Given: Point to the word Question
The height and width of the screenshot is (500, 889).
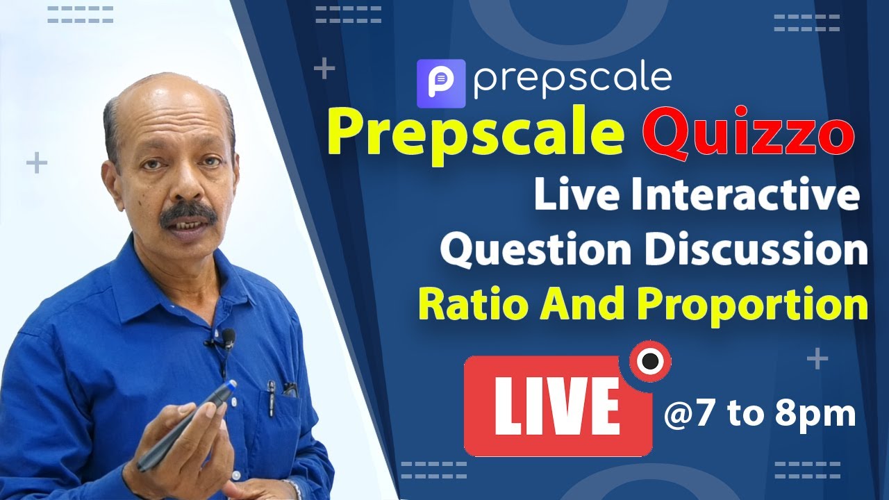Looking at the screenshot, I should click(537, 250).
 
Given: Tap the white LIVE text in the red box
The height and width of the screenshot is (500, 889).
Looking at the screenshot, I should click(557, 406).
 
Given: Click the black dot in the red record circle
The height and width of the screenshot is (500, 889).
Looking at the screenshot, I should click(650, 361).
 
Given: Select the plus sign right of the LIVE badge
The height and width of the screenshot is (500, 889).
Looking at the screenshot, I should click(818, 360).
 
